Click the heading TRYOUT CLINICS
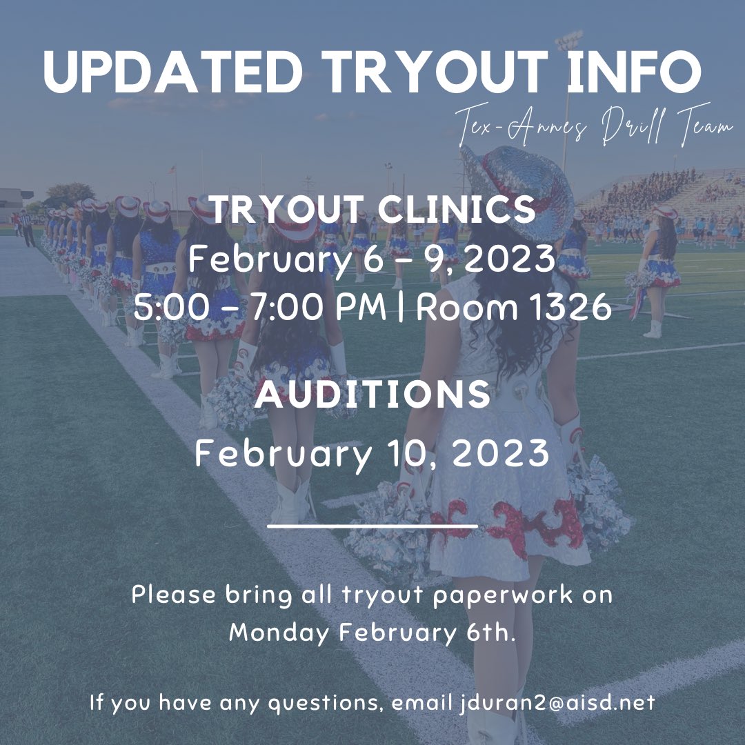(372, 209)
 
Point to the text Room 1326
(514, 308)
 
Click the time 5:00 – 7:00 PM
(259, 308)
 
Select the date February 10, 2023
(372, 453)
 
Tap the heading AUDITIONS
(372, 395)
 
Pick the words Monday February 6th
(372, 633)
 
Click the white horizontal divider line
(372, 526)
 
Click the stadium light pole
(568, 103)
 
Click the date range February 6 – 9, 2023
(372, 261)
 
